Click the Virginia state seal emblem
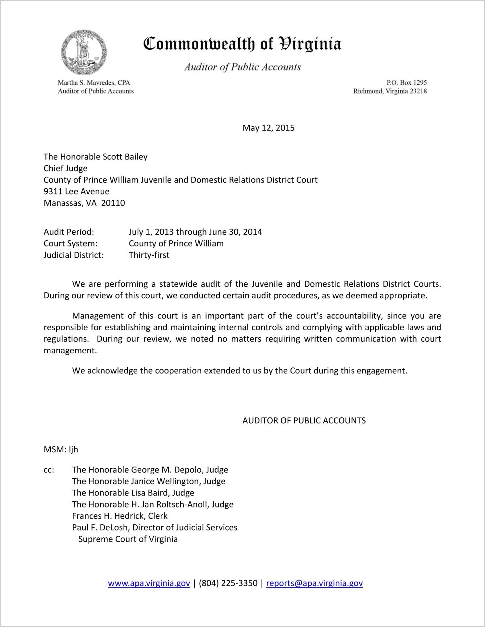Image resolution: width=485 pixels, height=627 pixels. (84, 53)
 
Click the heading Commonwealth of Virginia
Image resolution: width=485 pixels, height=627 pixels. (242, 44)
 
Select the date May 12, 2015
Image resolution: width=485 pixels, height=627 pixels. (268, 128)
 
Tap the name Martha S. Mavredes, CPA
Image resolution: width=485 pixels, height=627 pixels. (94, 83)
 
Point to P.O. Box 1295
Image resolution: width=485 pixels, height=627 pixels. (406, 83)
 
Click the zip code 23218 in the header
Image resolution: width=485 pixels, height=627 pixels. (418, 91)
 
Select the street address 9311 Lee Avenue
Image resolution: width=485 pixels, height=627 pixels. (77, 192)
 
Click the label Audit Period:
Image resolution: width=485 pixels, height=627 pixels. (69, 232)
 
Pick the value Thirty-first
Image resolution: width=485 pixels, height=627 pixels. (149, 255)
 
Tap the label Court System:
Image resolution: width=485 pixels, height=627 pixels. (70, 244)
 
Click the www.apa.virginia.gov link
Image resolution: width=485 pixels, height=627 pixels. (149, 583)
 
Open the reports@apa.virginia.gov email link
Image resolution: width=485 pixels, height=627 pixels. (314, 583)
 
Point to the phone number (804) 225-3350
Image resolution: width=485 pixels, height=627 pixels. (228, 583)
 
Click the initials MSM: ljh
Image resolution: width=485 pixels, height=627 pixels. (61, 450)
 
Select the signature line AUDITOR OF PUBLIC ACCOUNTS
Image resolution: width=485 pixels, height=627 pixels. (304, 421)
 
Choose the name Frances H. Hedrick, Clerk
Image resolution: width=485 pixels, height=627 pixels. (120, 516)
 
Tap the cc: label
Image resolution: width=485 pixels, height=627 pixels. (49, 470)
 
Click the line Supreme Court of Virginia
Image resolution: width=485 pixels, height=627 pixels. (128, 539)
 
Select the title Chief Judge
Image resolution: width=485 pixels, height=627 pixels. (66, 169)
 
